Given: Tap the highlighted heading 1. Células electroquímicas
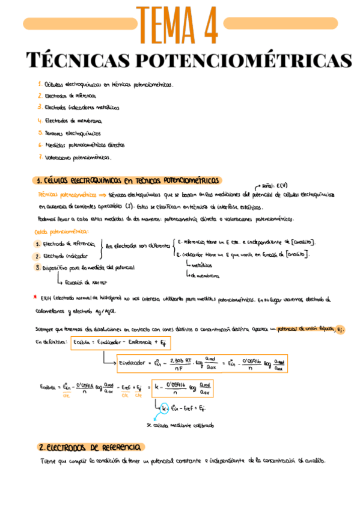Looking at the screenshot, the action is click(127, 180).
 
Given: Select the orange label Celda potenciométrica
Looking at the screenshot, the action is click(58, 232).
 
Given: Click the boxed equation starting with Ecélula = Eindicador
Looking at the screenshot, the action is click(121, 343).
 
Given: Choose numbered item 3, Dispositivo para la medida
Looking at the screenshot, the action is click(84, 267).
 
